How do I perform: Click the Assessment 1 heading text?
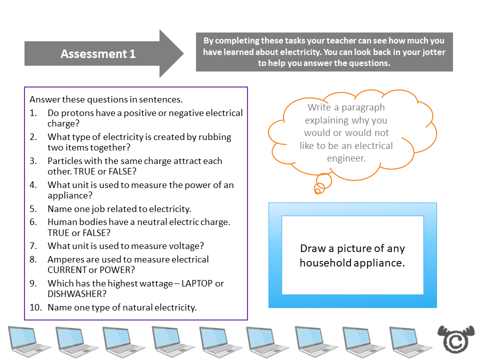[x=98, y=54]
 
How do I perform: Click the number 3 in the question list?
[x=32, y=161]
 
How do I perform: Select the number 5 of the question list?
[x=32, y=209]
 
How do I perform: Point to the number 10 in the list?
[x=34, y=307]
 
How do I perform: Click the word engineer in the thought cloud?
[x=346, y=158]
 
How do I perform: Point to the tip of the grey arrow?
[x=183, y=53]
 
